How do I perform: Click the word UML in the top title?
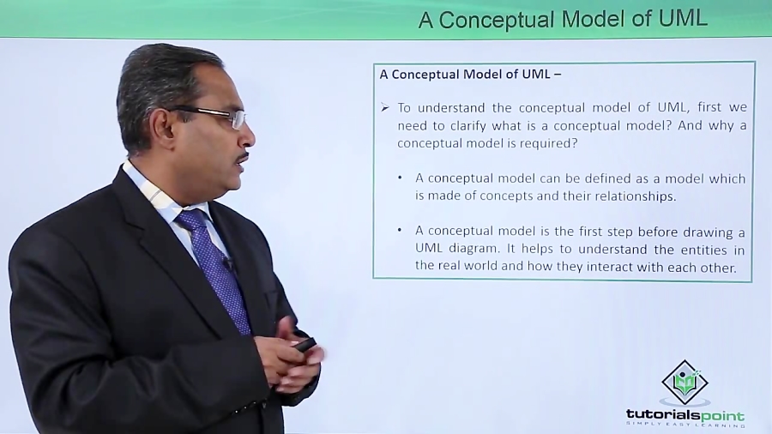click(683, 19)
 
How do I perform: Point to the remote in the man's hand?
click(305, 344)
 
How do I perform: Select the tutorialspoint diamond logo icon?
click(685, 383)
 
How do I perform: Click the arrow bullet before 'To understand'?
click(385, 108)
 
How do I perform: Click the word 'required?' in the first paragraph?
click(546, 143)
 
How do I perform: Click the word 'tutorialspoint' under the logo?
click(685, 415)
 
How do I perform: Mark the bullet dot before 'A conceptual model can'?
click(401, 178)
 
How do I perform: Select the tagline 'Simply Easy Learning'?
click(685, 425)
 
